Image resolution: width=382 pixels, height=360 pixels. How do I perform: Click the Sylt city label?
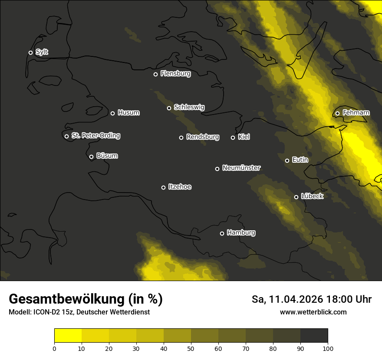click(42, 52)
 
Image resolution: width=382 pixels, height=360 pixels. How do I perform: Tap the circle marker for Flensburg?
click(155, 74)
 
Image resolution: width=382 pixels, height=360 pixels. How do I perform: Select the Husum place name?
click(128, 113)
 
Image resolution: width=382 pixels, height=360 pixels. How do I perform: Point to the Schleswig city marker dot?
click(169, 108)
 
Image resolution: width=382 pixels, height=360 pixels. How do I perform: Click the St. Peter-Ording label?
click(95, 136)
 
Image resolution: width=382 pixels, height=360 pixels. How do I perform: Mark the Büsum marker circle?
click(91, 157)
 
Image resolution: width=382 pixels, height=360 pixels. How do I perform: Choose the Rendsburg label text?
click(202, 137)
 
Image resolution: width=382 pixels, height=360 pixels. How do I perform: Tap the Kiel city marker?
click(233, 137)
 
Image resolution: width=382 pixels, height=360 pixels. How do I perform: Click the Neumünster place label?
click(241, 168)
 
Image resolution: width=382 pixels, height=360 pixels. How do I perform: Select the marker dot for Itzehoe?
click(163, 187)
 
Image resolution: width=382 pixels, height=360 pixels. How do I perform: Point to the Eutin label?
click(300, 160)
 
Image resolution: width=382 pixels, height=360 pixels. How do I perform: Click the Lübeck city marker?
click(296, 197)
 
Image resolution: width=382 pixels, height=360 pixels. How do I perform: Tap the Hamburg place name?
click(241, 233)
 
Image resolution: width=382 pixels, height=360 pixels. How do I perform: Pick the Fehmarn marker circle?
click(337, 114)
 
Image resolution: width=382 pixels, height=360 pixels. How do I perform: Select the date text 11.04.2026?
click(295, 299)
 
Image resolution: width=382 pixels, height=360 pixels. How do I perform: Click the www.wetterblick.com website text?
click(313, 312)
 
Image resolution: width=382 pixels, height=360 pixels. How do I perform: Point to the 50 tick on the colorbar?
click(191, 348)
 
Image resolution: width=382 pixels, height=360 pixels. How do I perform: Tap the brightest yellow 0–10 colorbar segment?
click(68, 335)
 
